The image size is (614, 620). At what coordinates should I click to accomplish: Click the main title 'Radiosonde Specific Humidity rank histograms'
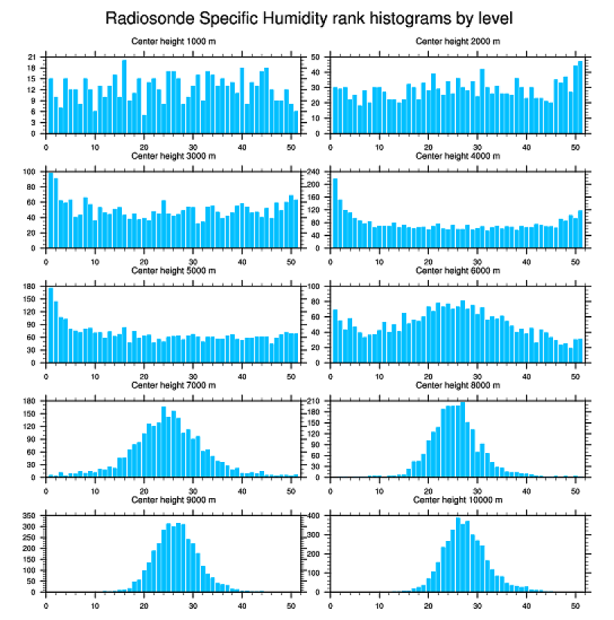(x=313, y=17)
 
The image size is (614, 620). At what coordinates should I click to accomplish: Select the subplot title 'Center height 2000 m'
(x=457, y=41)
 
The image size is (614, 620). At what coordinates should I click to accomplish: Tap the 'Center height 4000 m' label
(x=457, y=156)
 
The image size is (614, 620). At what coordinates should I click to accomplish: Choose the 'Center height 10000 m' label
(x=457, y=500)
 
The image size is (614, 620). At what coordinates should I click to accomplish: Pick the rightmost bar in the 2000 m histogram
(x=580, y=97)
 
